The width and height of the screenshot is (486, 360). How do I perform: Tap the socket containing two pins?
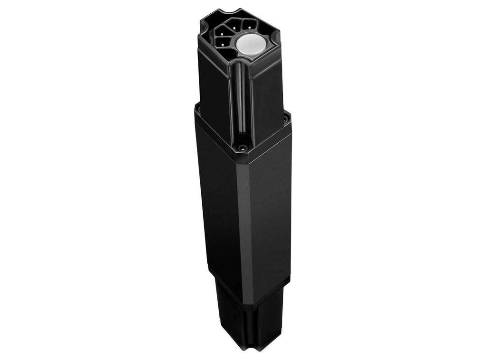coord(221,42)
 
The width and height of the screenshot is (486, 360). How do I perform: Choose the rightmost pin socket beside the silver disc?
coord(248,24)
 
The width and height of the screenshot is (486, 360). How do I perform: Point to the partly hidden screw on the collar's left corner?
coord(197,110)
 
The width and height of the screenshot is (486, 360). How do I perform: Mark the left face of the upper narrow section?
coord(215,90)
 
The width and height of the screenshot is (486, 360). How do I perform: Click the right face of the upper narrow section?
coord(266,95)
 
